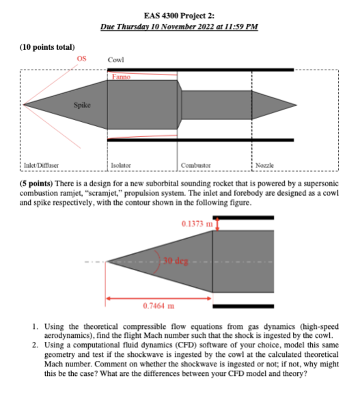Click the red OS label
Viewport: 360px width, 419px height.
coord(81,59)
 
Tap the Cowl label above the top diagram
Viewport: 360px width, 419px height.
coord(116,60)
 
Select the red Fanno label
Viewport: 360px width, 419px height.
coord(121,77)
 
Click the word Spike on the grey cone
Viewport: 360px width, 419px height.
coord(83,105)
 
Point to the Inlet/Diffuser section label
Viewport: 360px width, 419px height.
coord(41,165)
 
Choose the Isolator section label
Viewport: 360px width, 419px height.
coord(121,165)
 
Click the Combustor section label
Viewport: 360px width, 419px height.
coord(196,165)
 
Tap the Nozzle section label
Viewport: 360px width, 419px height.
coord(264,165)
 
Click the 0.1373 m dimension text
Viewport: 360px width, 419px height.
coord(197,224)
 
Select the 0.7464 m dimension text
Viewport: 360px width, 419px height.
coord(158,306)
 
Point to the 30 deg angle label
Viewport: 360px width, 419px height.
coord(176,261)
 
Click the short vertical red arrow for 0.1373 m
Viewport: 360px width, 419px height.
coord(217,225)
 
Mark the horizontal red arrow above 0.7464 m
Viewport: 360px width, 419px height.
coord(159,298)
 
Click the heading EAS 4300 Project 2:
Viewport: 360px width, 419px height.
coord(179,16)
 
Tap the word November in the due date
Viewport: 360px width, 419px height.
coord(178,27)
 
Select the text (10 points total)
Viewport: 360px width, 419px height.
coord(47,47)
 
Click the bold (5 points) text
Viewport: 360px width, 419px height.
coord(36,184)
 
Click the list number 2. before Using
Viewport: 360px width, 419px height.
coord(35,345)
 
